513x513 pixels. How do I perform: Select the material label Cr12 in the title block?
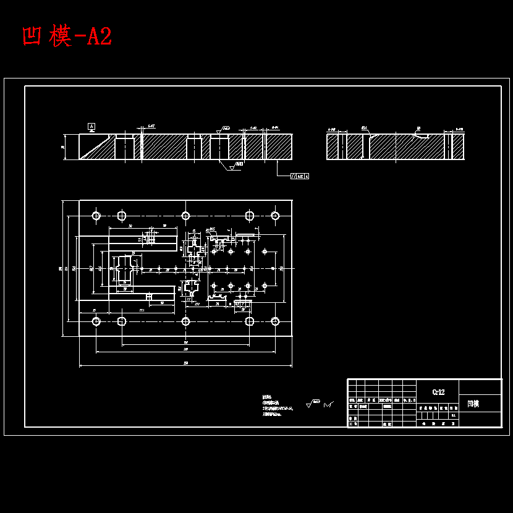[x=438, y=392]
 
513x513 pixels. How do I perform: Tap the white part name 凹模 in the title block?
[x=473, y=404]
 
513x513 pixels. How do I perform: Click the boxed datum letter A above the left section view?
[x=91, y=126]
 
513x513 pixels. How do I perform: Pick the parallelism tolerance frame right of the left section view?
[x=300, y=176]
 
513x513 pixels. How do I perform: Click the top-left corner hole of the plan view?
[x=96, y=216]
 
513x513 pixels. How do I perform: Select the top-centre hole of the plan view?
[x=185, y=216]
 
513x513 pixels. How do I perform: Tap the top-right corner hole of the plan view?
[x=275, y=216]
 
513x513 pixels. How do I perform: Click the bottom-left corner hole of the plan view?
[x=96, y=321]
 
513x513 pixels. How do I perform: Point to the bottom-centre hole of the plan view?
[x=185, y=321]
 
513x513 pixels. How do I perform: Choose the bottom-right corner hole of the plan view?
[x=275, y=321]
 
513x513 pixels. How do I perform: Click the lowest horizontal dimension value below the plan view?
[x=185, y=363]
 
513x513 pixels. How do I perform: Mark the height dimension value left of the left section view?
[x=63, y=147]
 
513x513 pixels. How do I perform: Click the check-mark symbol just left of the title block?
[x=328, y=405]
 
